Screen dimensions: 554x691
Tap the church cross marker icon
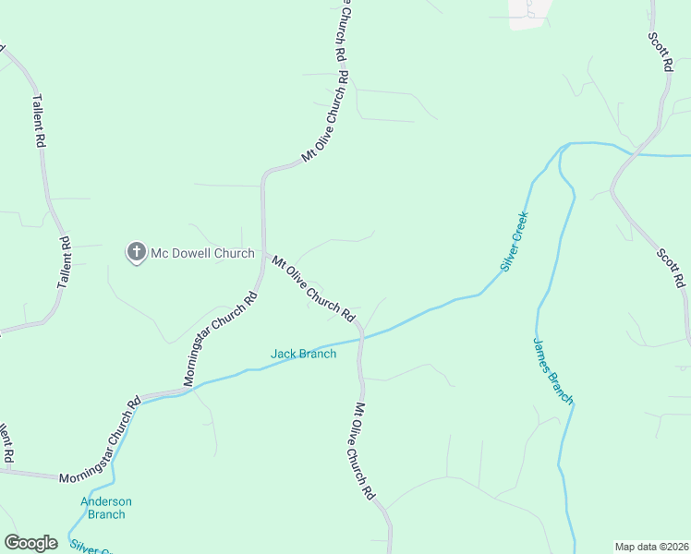137,252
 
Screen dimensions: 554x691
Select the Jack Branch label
303,354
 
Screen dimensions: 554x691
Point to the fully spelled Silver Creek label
514,241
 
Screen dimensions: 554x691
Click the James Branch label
553,370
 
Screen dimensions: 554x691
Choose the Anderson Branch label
106,508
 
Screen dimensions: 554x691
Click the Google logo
30,543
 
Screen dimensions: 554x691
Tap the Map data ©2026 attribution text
651,547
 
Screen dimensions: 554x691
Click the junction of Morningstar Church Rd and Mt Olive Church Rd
264,251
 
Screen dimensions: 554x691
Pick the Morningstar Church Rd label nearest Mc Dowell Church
220,339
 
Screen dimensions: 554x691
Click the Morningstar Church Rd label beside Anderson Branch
100,440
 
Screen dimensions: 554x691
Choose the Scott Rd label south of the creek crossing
671,266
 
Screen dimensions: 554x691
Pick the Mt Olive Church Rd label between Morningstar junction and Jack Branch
314,288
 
